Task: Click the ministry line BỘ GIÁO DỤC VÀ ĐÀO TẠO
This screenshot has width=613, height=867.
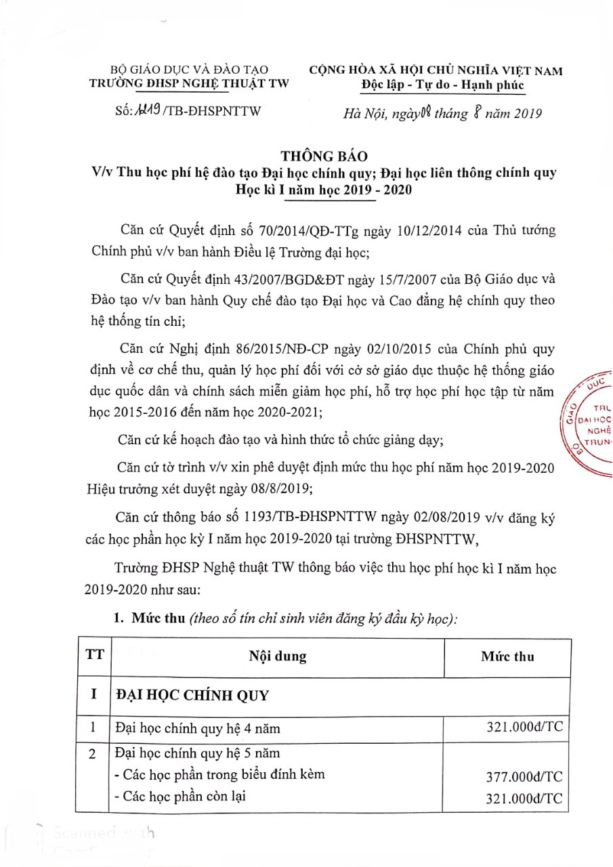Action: (190, 70)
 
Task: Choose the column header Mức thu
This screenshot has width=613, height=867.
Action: (507, 656)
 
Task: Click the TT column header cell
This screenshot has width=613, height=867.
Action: (94, 656)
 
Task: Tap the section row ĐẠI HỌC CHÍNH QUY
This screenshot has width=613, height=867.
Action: (192, 696)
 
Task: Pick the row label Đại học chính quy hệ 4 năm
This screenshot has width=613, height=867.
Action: (197, 729)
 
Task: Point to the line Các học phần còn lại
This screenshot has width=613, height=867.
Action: (179, 797)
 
